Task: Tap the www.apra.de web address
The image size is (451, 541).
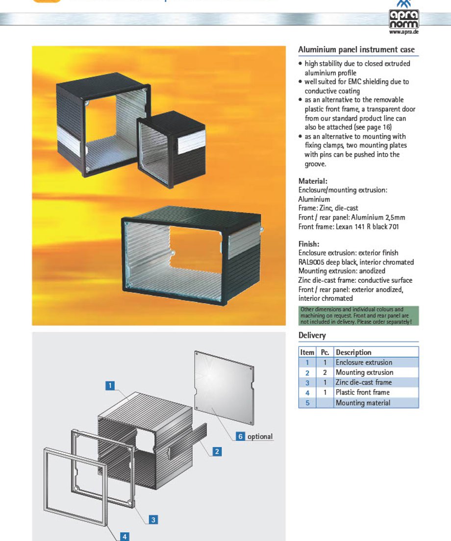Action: tap(404, 32)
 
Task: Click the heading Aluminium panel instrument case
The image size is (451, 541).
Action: tap(356, 49)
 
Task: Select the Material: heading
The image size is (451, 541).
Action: tap(313, 181)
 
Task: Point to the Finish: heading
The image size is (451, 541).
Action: tap(309, 244)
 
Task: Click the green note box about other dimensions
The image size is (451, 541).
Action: tap(358, 316)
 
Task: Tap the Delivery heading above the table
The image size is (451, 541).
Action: tap(312, 335)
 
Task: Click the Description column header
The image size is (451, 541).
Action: tap(353, 352)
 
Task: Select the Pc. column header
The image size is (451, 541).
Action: tap(325, 352)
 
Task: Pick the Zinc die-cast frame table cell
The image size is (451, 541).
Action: tap(364, 382)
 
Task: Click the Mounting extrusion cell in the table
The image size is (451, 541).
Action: tap(364, 372)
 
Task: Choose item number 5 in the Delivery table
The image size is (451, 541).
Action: tap(307, 403)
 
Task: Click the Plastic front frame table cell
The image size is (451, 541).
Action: tap(363, 393)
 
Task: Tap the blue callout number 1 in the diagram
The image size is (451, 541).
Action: tap(110, 385)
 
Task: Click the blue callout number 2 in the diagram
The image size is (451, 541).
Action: tap(217, 451)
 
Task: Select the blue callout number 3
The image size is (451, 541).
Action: tap(153, 519)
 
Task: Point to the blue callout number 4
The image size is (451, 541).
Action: tap(125, 537)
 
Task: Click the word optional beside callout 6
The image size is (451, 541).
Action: tap(260, 437)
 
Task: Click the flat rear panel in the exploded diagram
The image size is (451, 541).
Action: tap(225, 388)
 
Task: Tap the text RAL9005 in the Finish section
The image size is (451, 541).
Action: tap(311, 262)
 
